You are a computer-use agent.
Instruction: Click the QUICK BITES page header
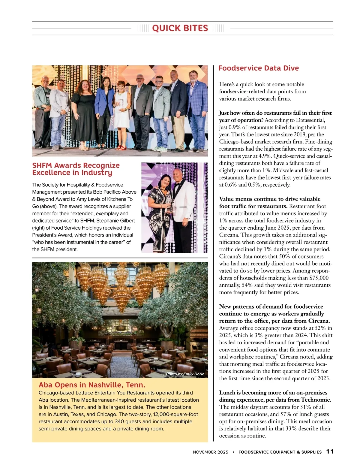180,28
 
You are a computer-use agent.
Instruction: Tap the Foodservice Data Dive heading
258,68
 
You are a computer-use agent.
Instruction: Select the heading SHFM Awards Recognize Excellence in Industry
76,169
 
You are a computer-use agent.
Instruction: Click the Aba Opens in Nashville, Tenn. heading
92,385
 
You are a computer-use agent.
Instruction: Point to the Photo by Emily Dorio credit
185,374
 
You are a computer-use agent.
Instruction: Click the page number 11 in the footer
330,451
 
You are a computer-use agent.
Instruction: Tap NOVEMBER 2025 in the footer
210,452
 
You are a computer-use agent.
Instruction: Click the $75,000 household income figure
319,278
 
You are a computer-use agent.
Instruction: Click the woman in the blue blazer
104,108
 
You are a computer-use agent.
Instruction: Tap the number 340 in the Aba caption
119,421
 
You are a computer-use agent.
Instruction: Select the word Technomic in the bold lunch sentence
315,400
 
